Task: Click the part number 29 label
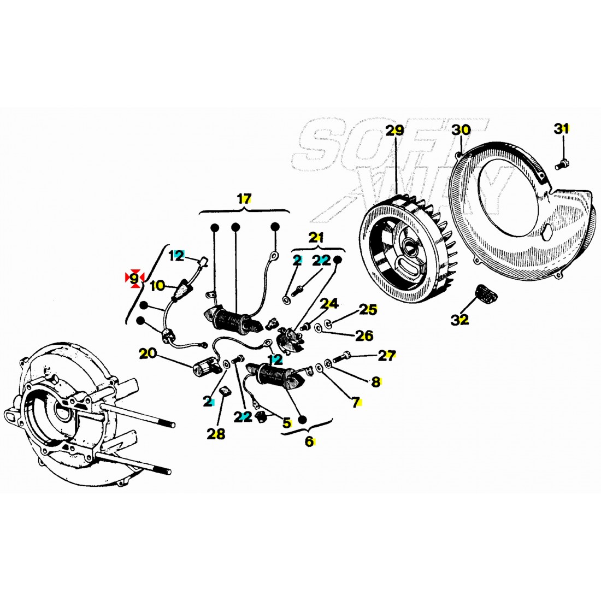tap(394, 131)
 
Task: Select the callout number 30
tap(461, 130)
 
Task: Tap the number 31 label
tap(561, 129)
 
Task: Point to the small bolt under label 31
tap(563, 162)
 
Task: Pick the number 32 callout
tap(460, 320)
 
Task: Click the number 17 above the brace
tap(244, 199)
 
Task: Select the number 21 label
tap(316, 238)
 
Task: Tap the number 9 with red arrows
tap(134, 278)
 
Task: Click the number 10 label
tap(157, 285)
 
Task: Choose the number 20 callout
tap(147, 353)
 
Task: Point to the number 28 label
tap(216, 434)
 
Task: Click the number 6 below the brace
tap(309, 441)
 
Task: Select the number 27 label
tap(386, 356)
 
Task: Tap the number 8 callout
tap(375, 382)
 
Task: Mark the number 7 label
tap(356, 403)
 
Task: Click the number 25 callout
tap(368, 310)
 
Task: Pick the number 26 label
tap(364, 335)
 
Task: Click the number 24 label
tap(329, 303)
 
